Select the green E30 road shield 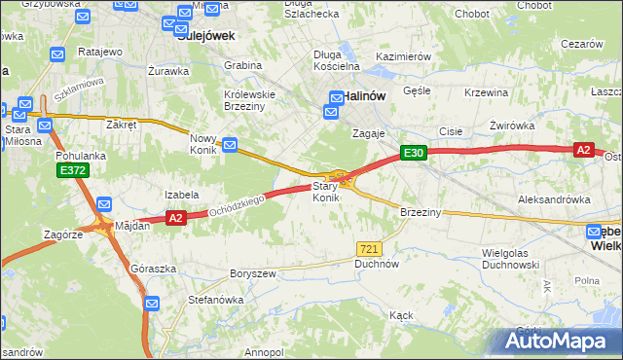tap(413, 153)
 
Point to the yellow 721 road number tap(367, 249)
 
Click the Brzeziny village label tap(421, 212)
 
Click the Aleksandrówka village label tap(554, 198)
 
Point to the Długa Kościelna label tap(337, 60)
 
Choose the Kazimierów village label tap(402, 57)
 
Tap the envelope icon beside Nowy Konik tap(230, 146)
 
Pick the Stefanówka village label tap(215, 300)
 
